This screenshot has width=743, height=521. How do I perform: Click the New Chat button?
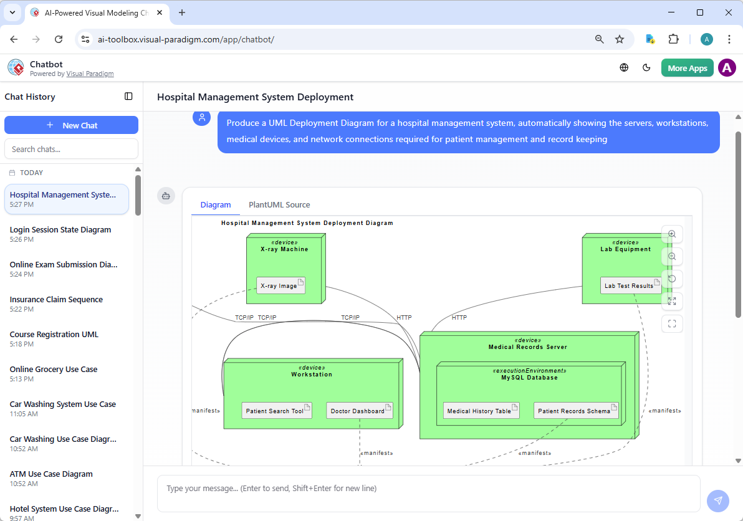(x=71, y=125)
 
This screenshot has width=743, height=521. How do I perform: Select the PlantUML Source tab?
(x=279, y=204)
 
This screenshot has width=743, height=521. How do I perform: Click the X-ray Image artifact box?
(x=280, y=286)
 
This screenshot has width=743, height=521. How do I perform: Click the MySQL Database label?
(x=529, y=378)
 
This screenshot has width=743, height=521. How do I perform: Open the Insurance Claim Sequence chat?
(x=56, y=300)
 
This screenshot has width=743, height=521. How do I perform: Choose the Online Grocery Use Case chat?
(x=54, y=370)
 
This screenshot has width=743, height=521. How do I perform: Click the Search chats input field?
(x=71, y=149)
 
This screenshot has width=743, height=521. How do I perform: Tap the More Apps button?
(x=687, y=68)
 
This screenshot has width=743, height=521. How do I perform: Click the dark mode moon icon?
(x=646, y=68)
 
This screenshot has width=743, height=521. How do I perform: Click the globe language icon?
(x=624, y=68)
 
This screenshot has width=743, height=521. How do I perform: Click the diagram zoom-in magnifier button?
(x=672, y=234)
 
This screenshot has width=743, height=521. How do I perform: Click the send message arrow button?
(x=717, y=500)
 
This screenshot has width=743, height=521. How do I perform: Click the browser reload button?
(x=59, y=39)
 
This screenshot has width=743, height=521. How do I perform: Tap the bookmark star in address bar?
(x=620, y=39)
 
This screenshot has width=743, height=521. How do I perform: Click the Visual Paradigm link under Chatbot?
(x=90, y=74)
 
